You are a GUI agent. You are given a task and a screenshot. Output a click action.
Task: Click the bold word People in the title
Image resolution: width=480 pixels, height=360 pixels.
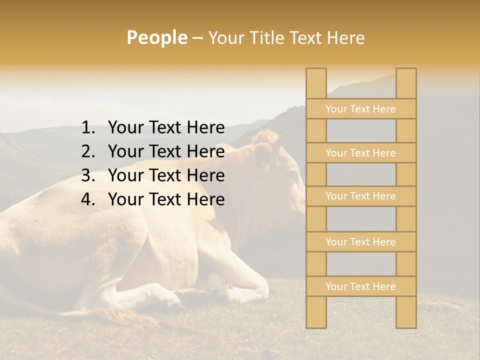coord(156,37)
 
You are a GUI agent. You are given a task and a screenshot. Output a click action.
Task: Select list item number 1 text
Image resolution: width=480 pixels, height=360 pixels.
coord(166,128)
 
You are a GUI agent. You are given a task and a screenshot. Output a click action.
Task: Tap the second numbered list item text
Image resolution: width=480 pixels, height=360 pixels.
coord(166,151)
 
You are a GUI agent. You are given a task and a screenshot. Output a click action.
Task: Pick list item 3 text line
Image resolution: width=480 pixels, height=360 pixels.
coord(166,175)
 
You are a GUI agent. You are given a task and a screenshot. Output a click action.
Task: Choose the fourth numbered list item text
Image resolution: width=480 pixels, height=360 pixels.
coord(166,199)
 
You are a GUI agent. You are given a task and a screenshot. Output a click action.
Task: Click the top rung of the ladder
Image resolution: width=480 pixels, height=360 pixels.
coord(360,109)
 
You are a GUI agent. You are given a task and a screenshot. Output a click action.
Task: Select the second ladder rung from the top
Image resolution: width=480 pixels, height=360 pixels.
coord(360,153)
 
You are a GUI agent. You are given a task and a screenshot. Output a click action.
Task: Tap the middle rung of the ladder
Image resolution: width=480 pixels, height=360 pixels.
coord(360,196)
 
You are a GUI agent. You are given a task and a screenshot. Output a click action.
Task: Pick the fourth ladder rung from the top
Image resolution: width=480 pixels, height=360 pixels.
coord(360,242)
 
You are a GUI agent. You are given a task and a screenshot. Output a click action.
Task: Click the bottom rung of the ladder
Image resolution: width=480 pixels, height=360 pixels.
coord(360,286)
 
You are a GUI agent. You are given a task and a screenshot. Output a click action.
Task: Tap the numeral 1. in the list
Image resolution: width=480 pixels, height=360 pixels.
coord(88,128)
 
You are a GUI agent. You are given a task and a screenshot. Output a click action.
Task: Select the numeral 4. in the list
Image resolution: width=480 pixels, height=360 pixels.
coord(88,199)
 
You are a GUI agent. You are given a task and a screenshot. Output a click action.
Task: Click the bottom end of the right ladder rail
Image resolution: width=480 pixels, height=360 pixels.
coord(406,325)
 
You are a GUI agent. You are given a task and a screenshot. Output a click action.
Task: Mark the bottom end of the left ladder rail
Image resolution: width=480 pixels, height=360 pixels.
coord(316,325)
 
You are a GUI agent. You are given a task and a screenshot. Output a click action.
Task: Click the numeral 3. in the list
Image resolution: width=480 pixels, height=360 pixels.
coord(88,175)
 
